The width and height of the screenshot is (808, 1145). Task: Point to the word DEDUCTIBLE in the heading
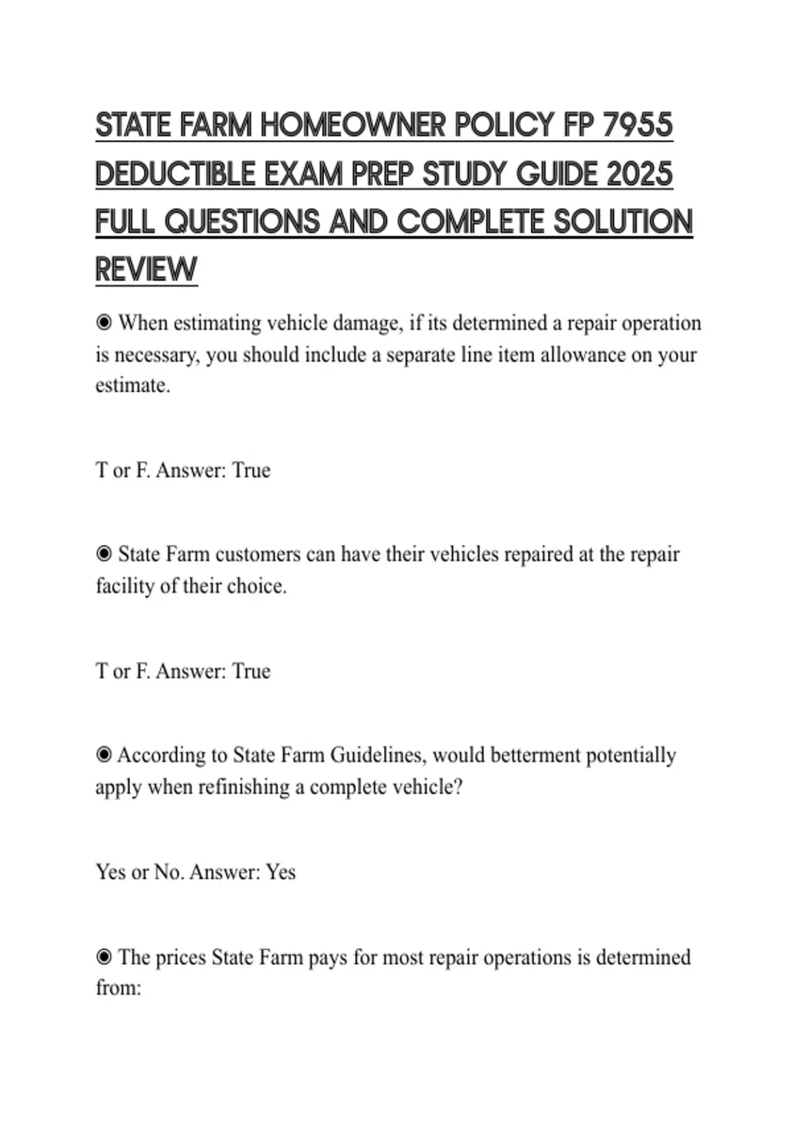pos(173,174)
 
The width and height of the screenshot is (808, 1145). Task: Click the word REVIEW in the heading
pos(146,269)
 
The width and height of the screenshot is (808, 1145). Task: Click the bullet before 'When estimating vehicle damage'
pos(104,323)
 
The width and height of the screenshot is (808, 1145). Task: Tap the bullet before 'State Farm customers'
pos(104,554)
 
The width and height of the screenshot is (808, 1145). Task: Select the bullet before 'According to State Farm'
pos(104,755)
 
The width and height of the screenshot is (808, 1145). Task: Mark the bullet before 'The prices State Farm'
pos(104,957)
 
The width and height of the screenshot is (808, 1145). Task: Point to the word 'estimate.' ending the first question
pos(133,385)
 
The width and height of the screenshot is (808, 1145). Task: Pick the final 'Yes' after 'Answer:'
pos(280,872)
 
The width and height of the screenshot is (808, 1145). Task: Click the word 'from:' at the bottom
pos(119,988)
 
